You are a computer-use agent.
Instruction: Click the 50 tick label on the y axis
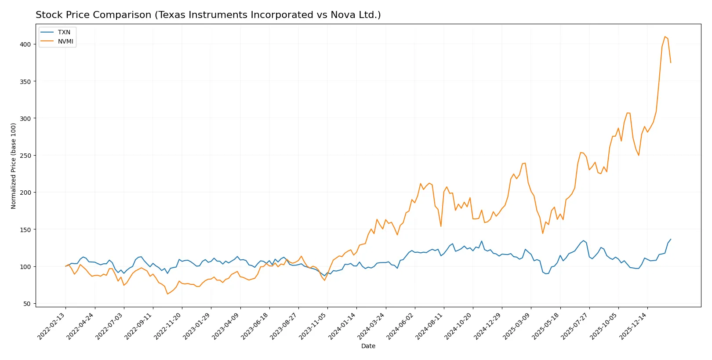pyautogui.click(x=27, y=304)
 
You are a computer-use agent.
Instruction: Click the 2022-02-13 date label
pyautogui.click(x=52, y=326)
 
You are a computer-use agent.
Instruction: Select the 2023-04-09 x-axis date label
pyautogui.click(x=226, y=326)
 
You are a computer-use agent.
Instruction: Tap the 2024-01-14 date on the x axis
pyautogui.click(x=343, y=326)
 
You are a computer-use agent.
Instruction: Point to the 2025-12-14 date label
pyautogui.click(x=634, y=326)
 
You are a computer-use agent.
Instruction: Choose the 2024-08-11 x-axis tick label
pyautogui.click(x=430, y=326)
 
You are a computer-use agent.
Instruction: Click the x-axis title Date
pyautogui.click(x=368, y=346)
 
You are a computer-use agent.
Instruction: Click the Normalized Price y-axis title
pyautogui.click(x=14, y=166)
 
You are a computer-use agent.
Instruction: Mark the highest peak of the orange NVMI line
pyautogui.click(x=665, y=36)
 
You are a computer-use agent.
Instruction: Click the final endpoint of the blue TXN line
pyautogui.click(x=671, y=240)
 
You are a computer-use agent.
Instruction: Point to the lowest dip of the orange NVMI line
pyautogui.click(x=167, y=294)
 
